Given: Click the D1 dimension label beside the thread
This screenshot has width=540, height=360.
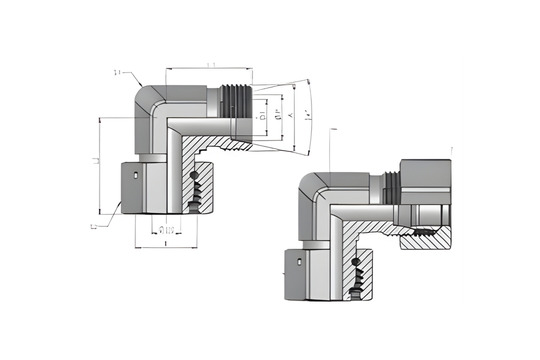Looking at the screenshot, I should point(263,117).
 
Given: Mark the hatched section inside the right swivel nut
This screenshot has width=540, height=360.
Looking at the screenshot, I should point(426,239).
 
